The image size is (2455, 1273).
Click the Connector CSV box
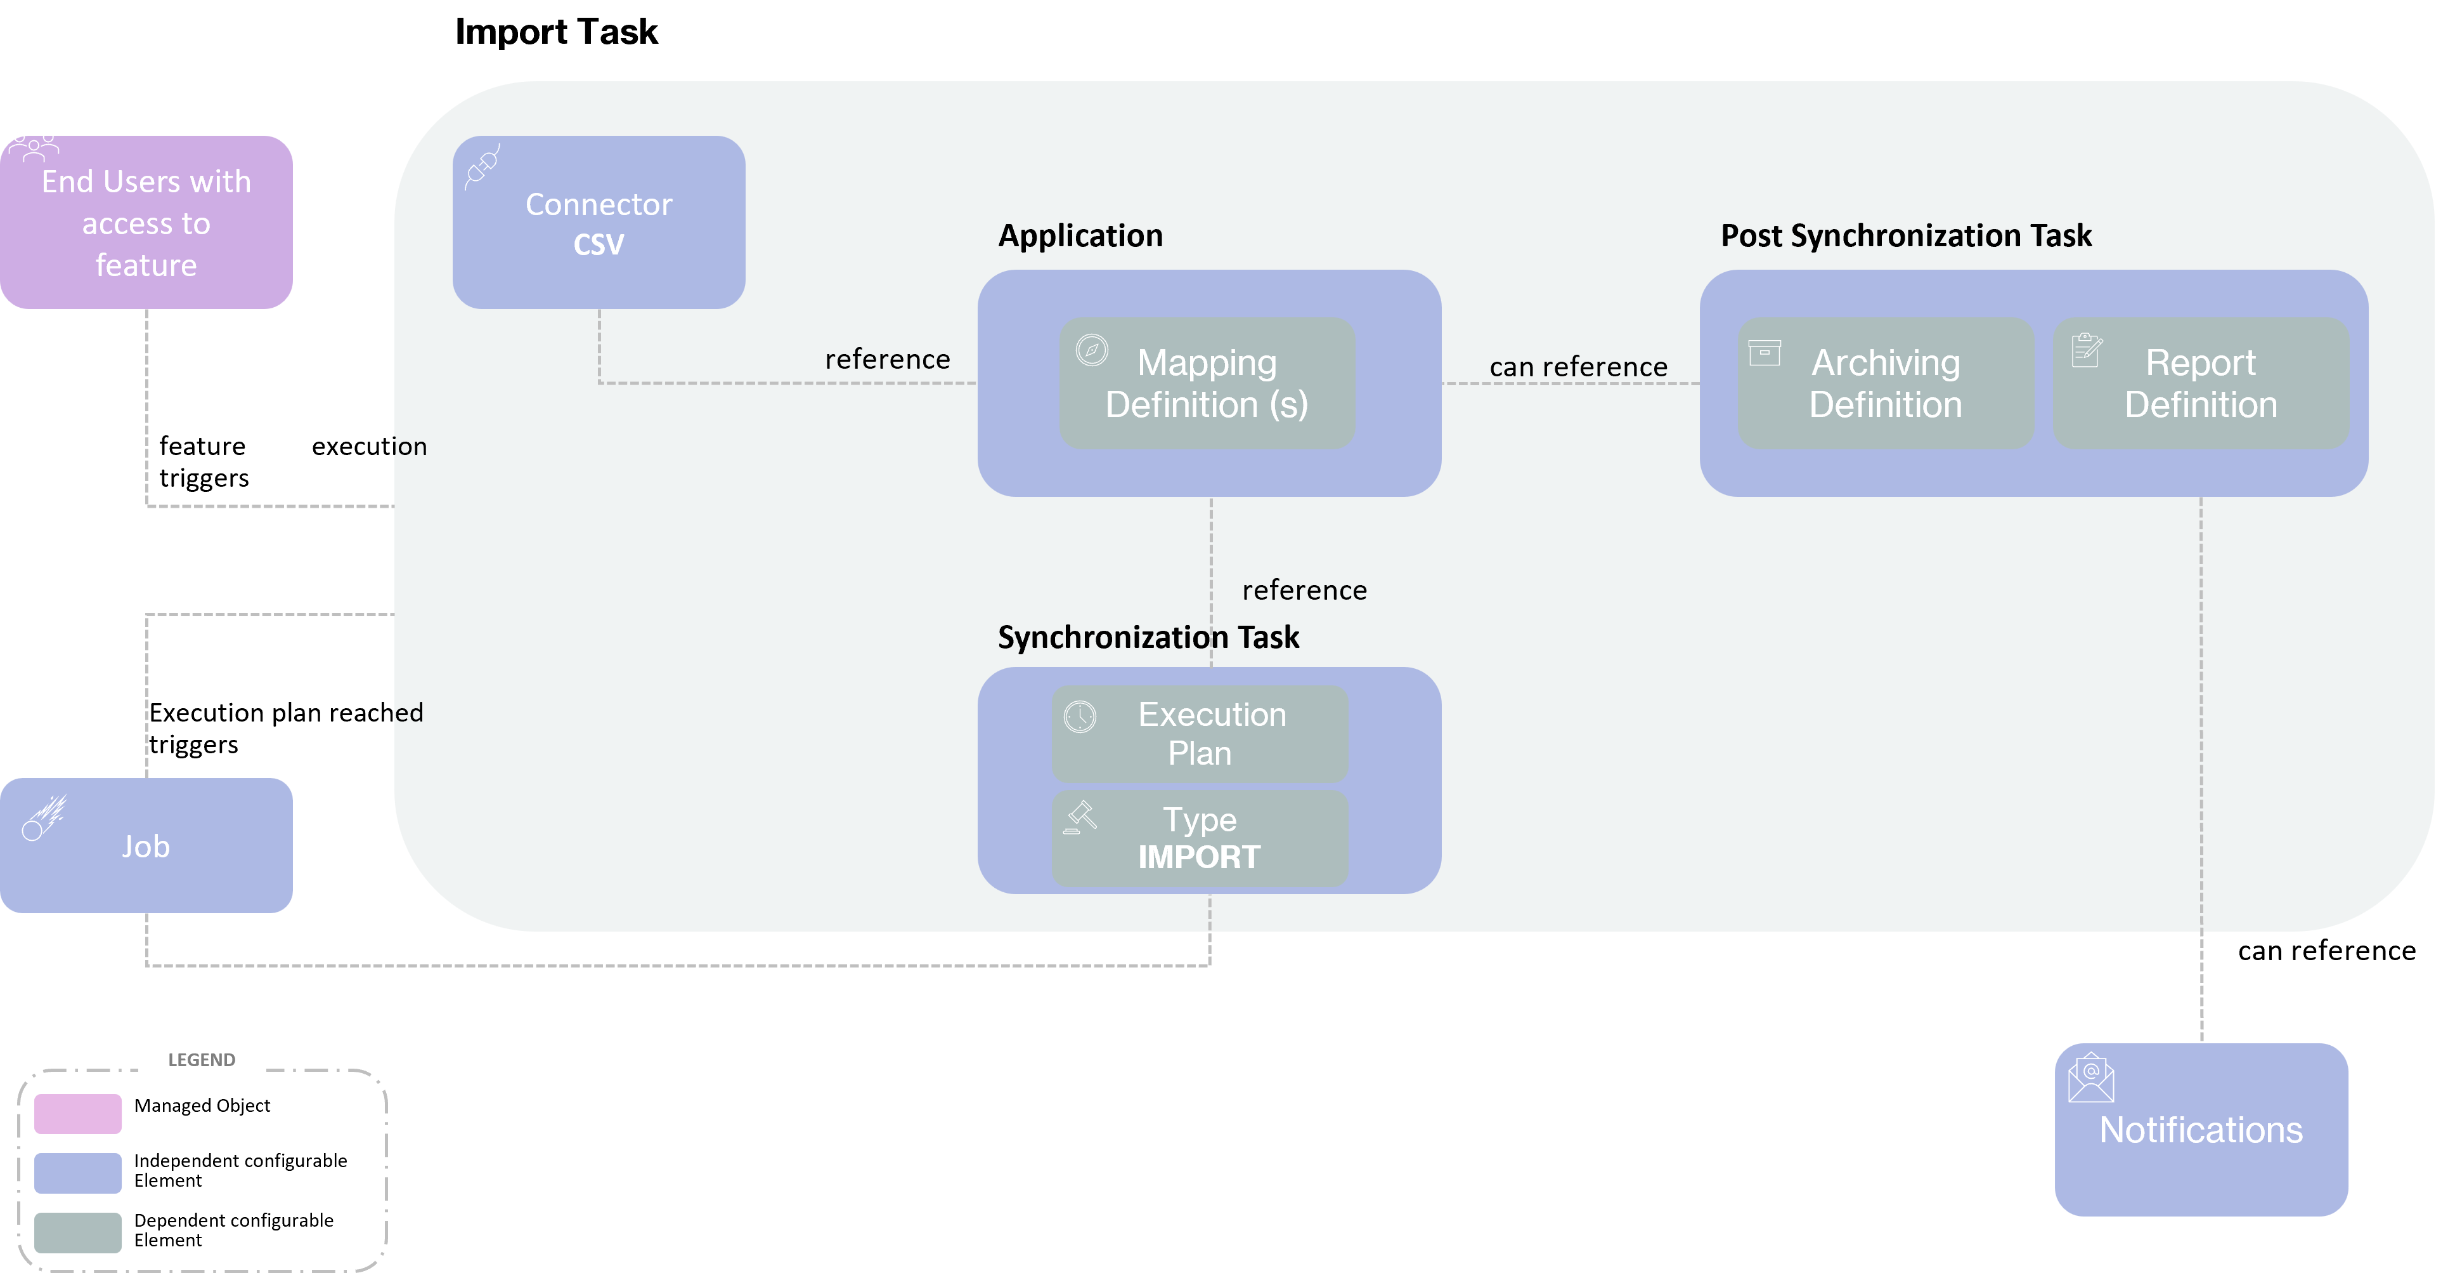pos(599,222)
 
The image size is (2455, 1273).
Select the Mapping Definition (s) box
pos(1207,383)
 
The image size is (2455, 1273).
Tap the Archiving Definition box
pos(1885,383)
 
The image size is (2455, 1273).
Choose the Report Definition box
pos(2201,383)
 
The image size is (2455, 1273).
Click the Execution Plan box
pos(1200,734)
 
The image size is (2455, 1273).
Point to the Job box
pos(146,846)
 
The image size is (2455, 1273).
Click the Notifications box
pos(2201,1130)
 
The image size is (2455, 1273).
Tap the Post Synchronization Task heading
pos(1905,235)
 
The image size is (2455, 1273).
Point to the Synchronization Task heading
pos(1148,637)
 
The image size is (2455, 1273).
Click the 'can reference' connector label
pos(1578,367)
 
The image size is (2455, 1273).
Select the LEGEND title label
pos(201,1059)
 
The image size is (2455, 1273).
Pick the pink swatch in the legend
pos(78,1114)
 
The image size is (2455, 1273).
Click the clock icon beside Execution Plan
pos(1080,716)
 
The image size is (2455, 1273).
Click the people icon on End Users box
pos(34,146)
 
